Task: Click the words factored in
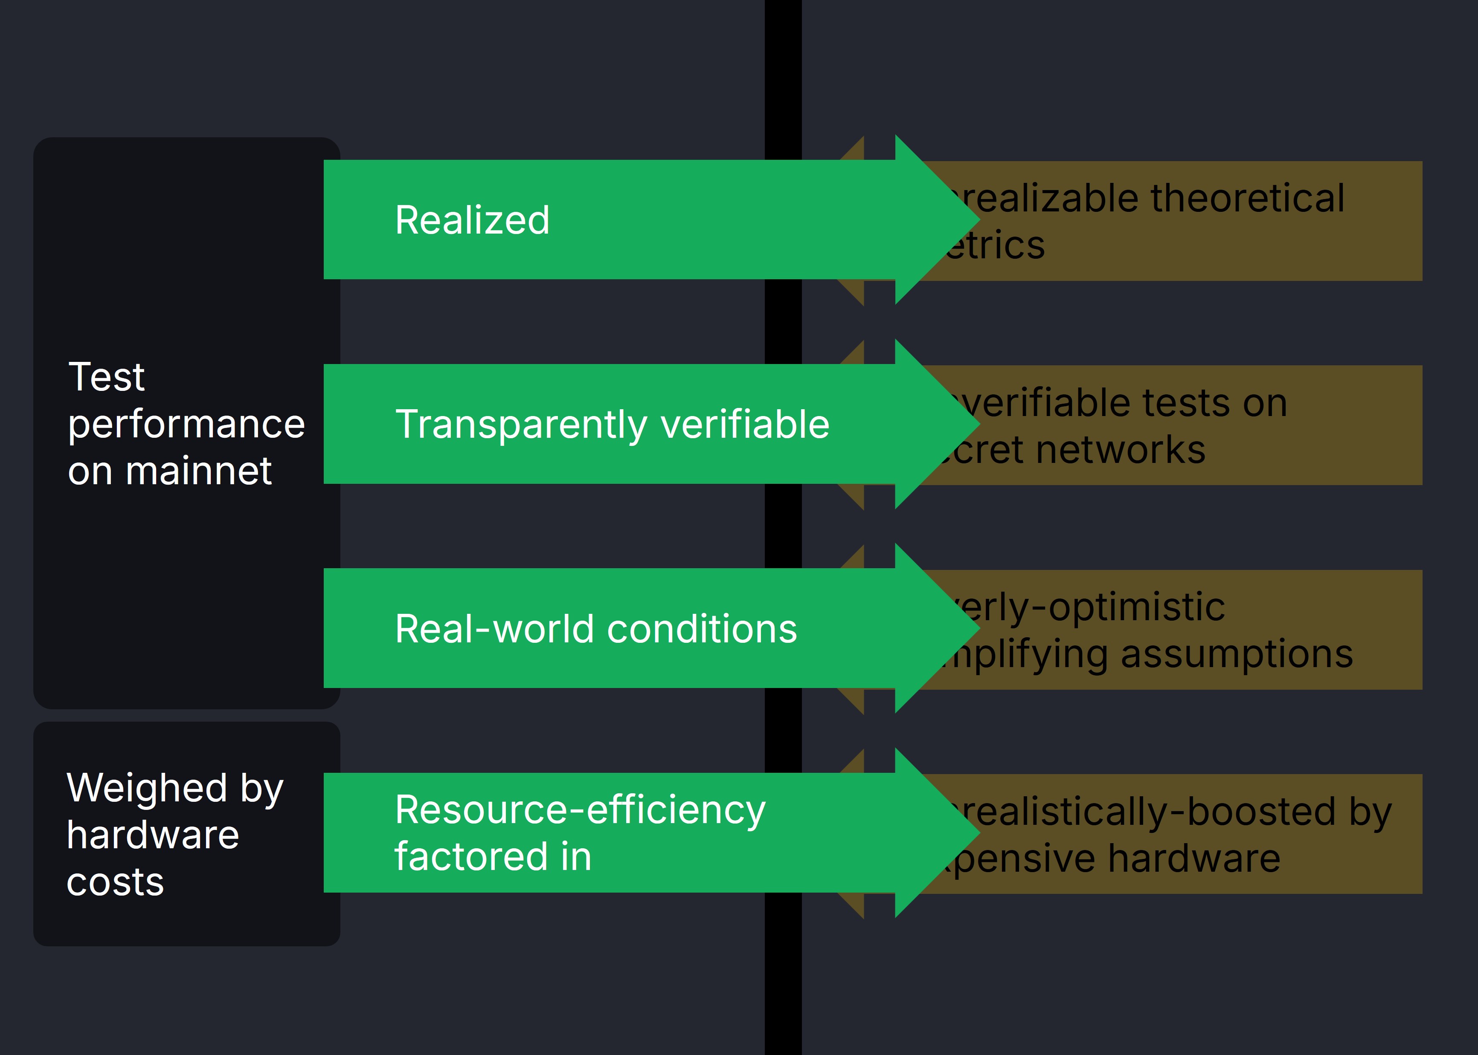493,856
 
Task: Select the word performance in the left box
186,424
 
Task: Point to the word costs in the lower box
115,882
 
